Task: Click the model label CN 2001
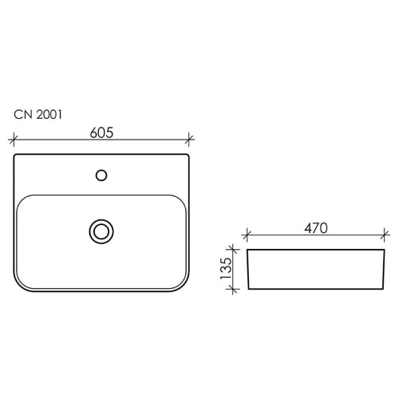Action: click(38, 115)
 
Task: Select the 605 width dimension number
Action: click(101, 132)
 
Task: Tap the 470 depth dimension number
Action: click(316, 228)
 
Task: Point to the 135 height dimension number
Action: click(226, 268)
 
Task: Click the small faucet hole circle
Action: click(101, 176)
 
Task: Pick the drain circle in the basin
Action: click(101, 231)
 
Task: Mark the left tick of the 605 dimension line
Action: click(14, 139)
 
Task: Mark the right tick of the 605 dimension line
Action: click(189, 139)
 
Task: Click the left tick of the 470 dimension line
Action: click(247, 235)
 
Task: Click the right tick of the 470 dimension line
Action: click(385, 235)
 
